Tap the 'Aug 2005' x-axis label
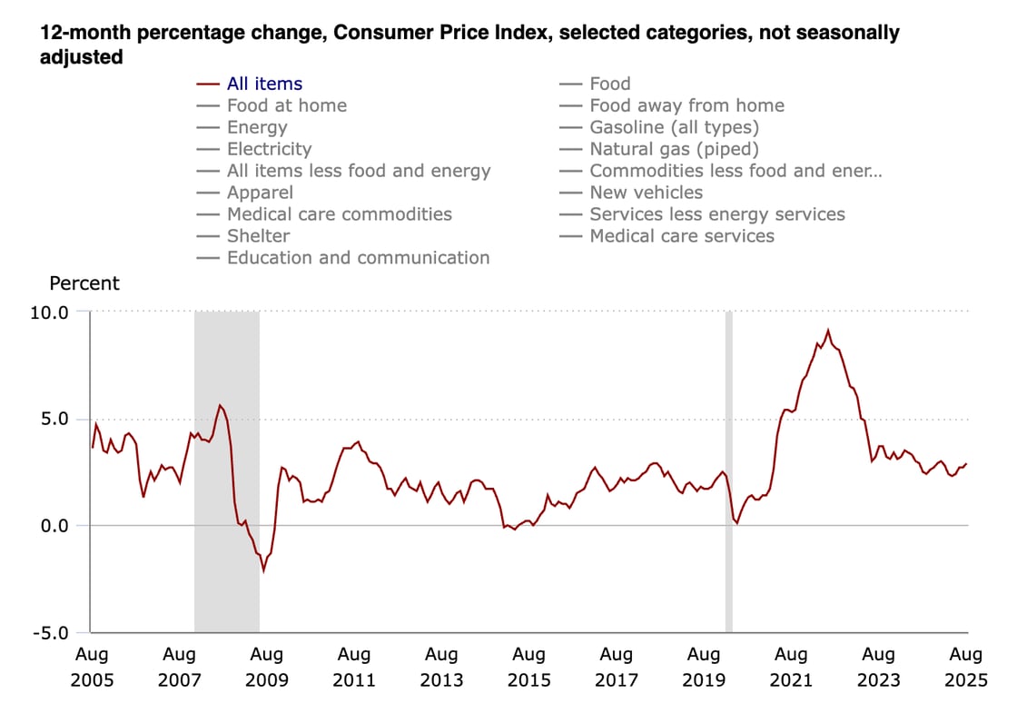[x=91, y=667]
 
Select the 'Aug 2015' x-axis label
[x=528, y=667]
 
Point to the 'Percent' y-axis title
[x=84, y=283]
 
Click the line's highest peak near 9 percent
[x=827, y=331]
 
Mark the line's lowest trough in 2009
[x=263, y=570]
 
